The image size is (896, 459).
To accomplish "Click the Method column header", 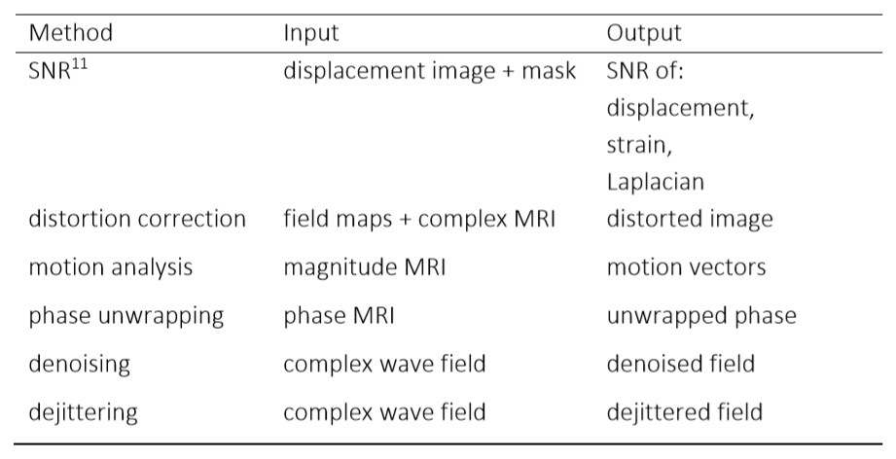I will (71, 33).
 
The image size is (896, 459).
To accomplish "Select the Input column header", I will (310, 33).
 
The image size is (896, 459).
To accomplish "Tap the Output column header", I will (644, 33).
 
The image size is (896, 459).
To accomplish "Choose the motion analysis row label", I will (111, 267).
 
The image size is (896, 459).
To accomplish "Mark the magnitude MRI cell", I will (364, 267).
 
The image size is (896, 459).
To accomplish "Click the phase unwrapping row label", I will (127, 316).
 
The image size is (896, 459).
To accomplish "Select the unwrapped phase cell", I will (701, 316).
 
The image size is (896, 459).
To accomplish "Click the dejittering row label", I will (84, 411).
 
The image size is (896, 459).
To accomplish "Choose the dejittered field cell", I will (684, 411).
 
